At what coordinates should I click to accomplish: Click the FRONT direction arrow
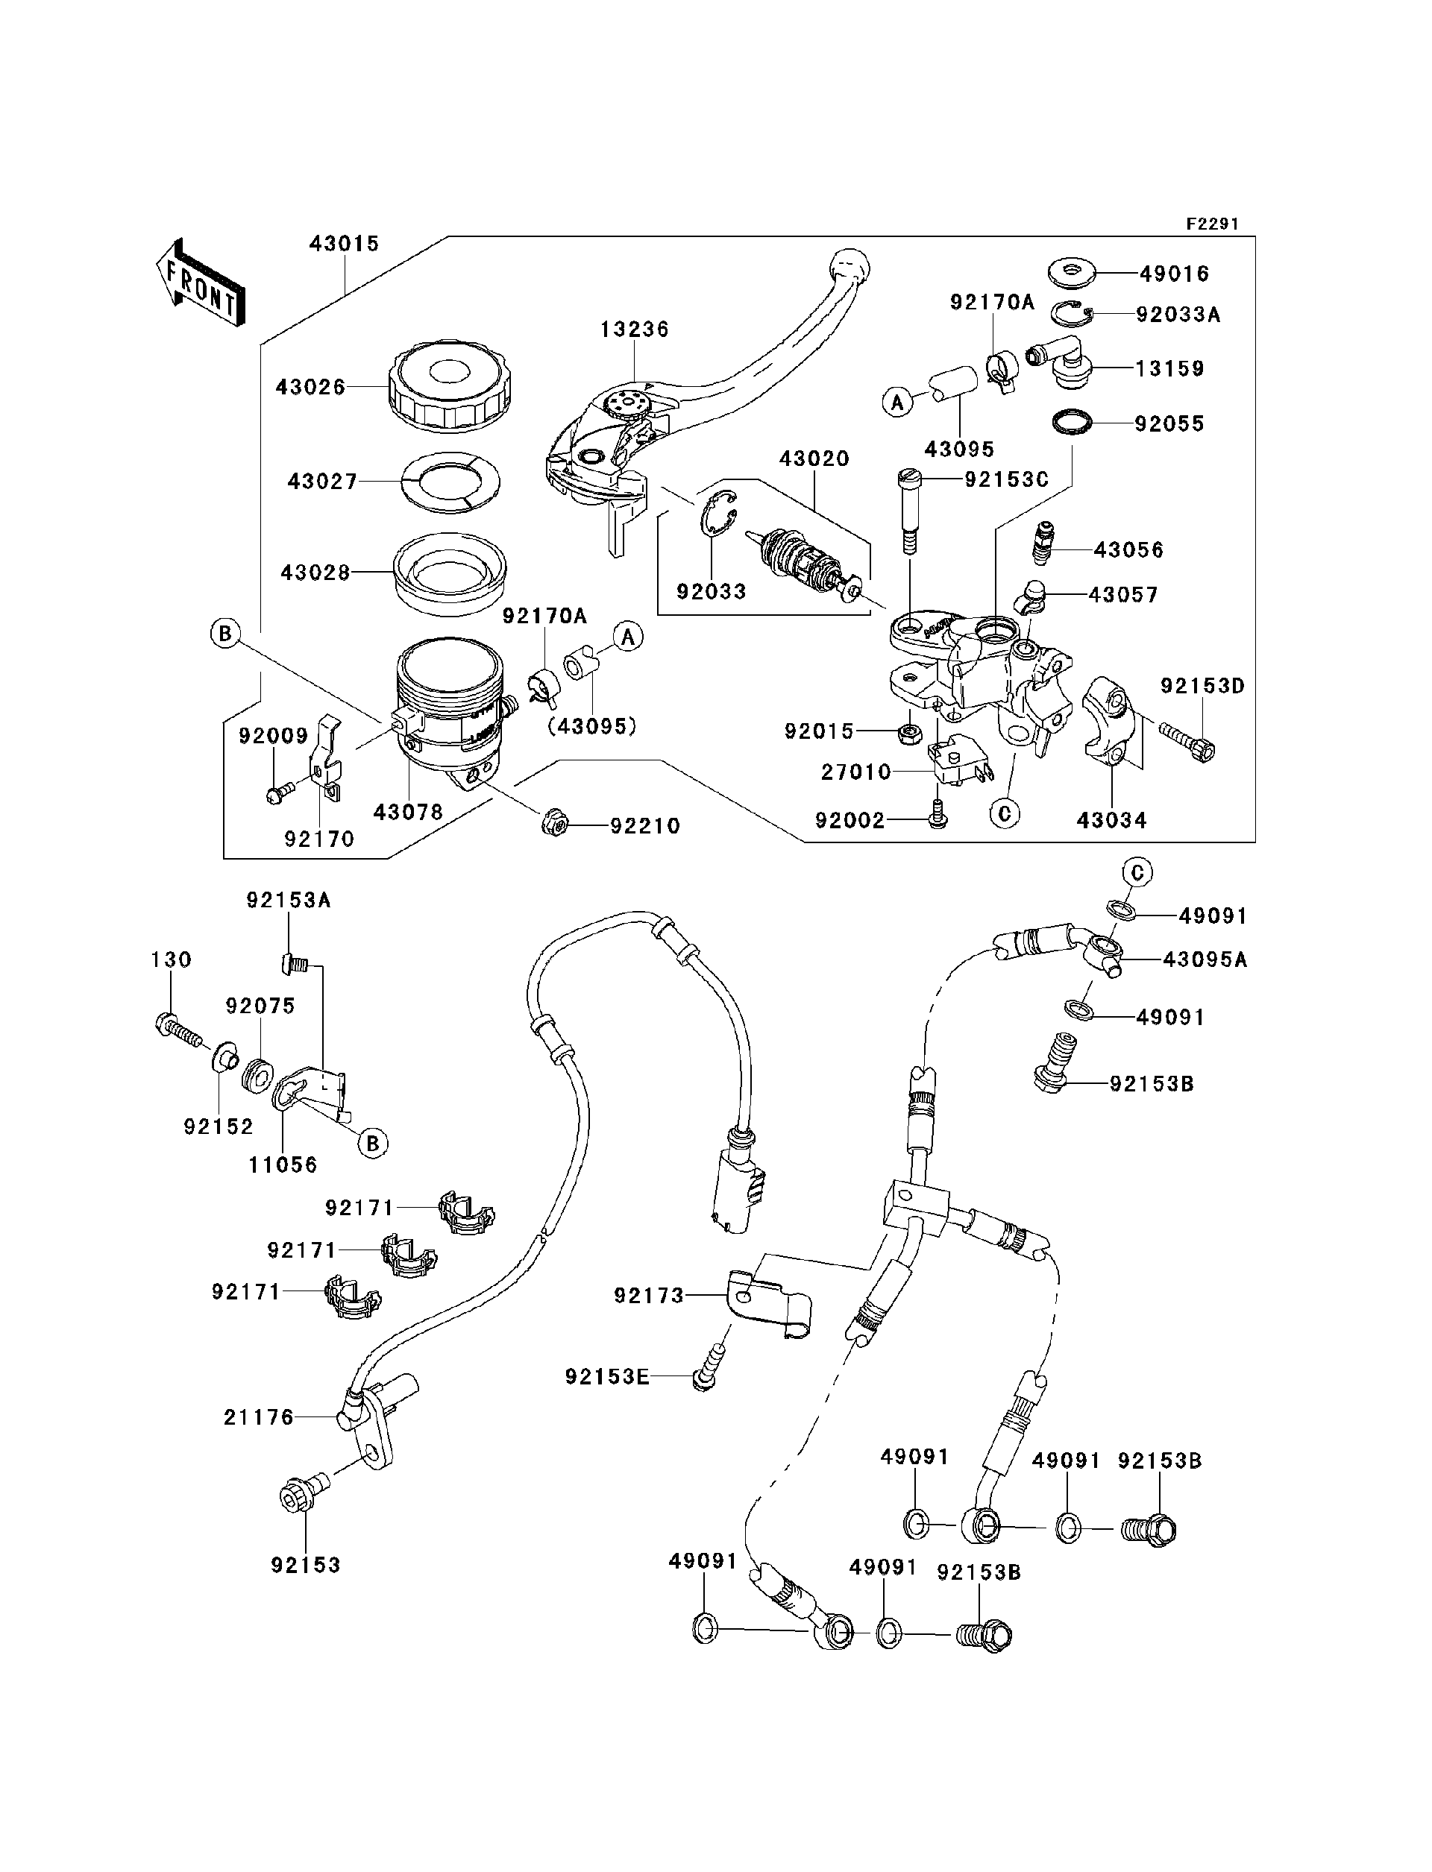(x=201, y=282)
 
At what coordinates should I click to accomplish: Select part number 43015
(x=344, y=244)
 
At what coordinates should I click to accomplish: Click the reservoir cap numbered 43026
(x=449, y=386)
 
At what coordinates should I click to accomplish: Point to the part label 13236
(x=634, y=329)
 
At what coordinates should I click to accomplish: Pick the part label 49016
(x=1174, y=274)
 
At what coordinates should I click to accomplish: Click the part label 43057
(x=1122, y=595)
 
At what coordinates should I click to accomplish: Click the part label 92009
(x=273, y=735)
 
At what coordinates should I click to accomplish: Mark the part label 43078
(x=408, y=812)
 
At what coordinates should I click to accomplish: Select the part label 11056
(x=283, y=1165)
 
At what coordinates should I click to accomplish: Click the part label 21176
(x=258, y=1417)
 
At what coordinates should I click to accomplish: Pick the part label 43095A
(x=1205, y=959)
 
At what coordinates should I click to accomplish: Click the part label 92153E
(x=607, y=1377)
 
